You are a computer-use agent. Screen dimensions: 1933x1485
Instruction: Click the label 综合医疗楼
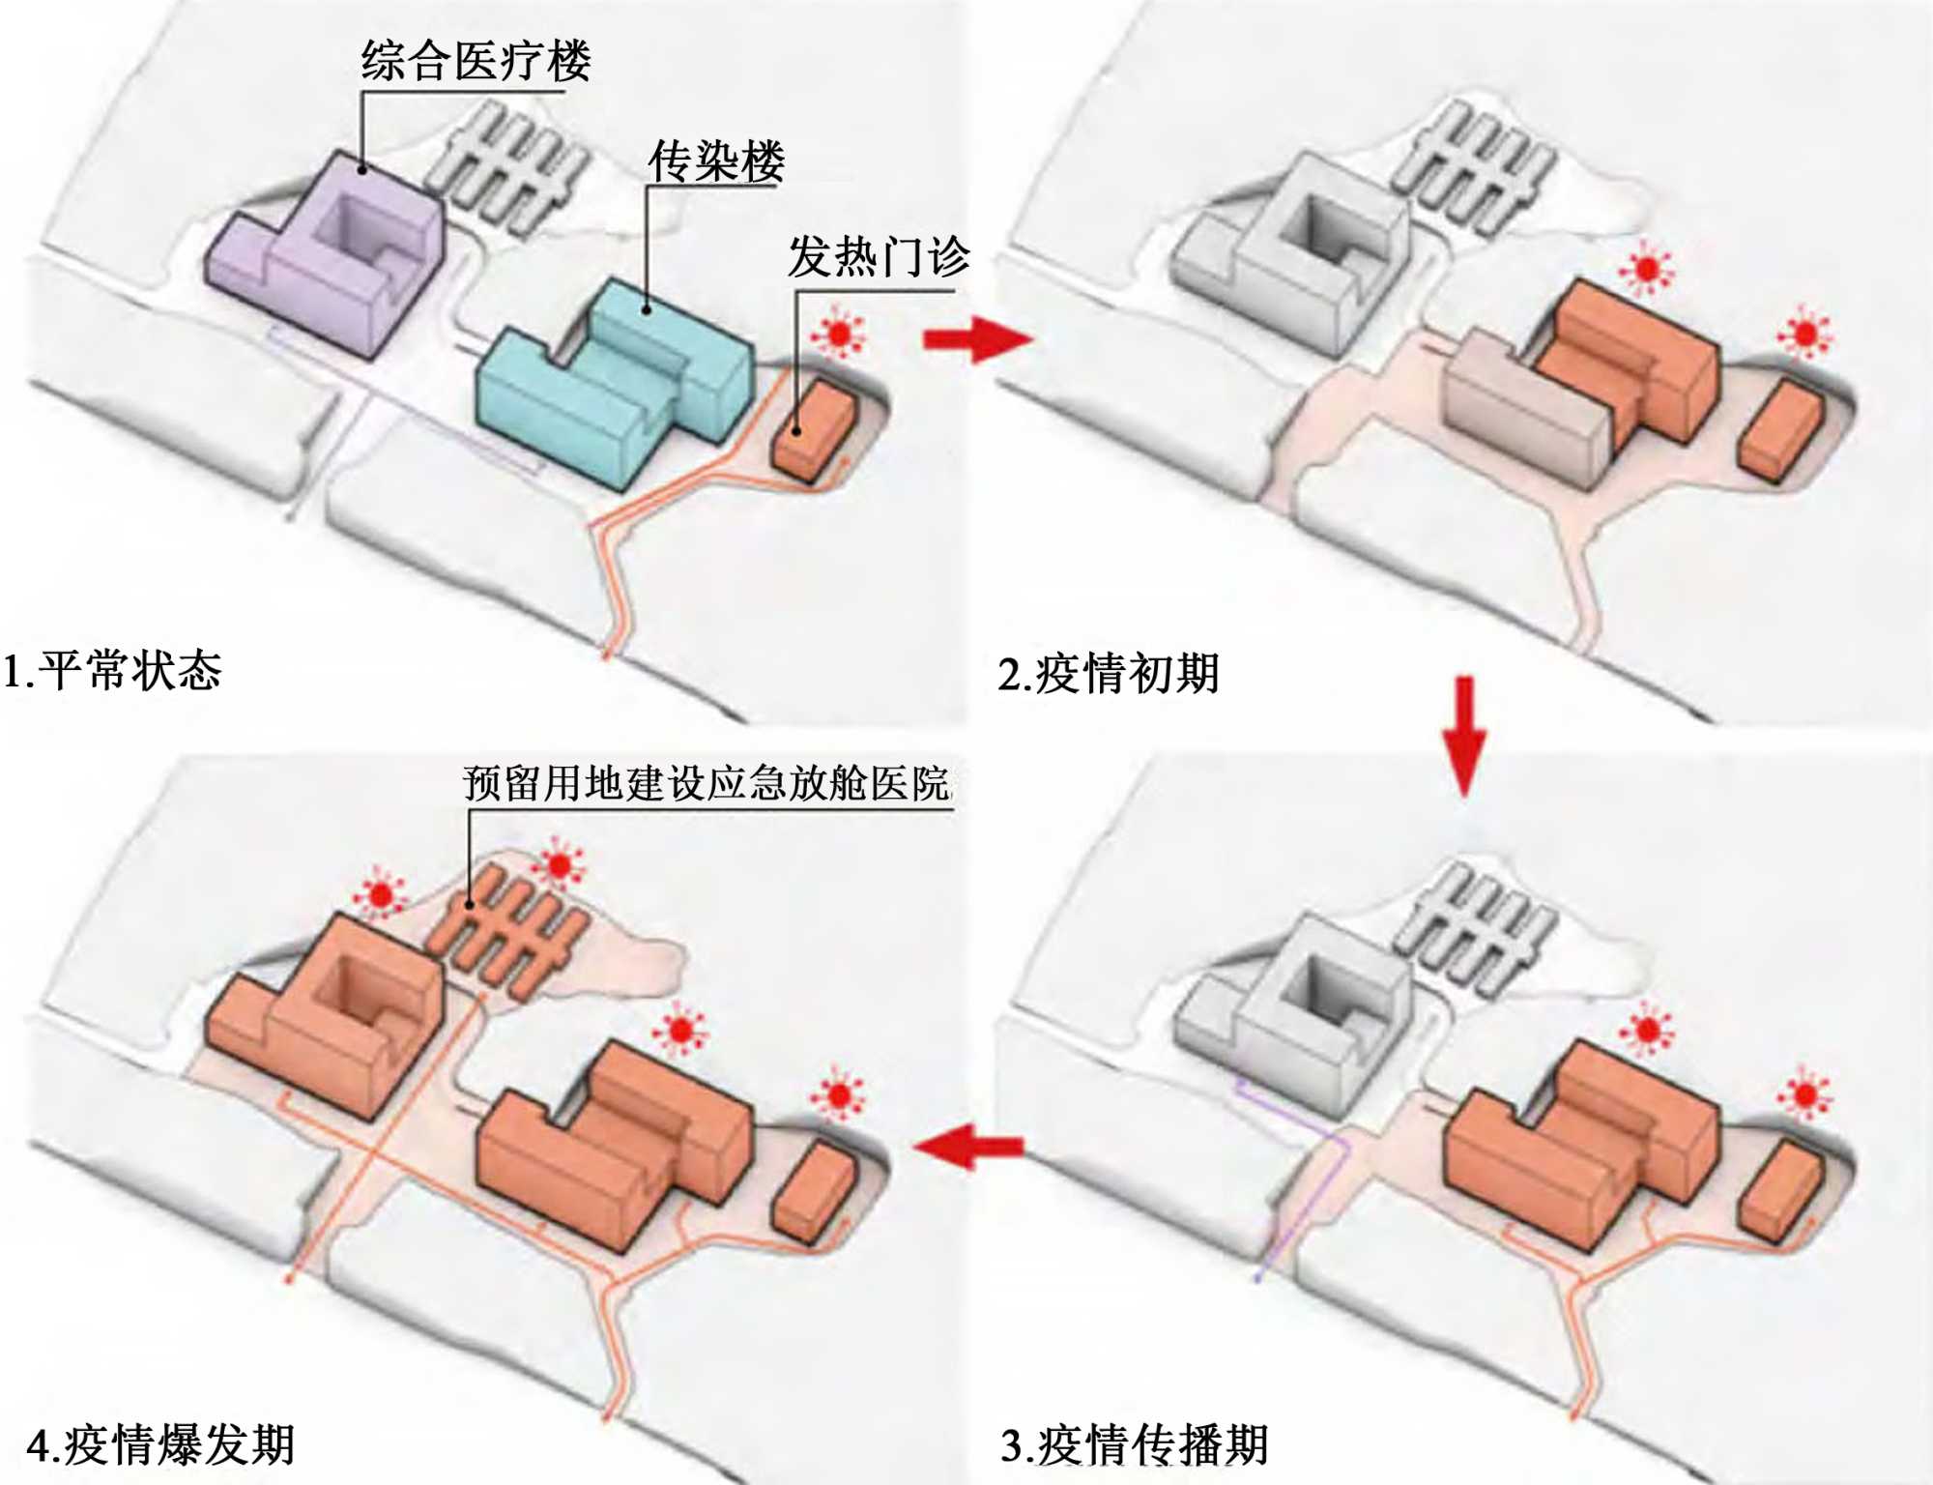coord(476,61)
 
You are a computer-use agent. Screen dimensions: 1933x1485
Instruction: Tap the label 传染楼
coord(716,160)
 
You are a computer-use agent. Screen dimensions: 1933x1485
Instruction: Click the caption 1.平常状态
coord(113,670)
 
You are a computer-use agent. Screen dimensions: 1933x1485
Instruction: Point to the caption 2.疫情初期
coord(1109,673)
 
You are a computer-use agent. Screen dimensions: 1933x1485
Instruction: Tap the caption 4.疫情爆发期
coord(160,1445)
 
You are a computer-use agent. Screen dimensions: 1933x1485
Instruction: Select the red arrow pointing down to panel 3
coord(1464,735)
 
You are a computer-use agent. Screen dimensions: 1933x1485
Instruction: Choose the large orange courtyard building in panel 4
coord(324,1015)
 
